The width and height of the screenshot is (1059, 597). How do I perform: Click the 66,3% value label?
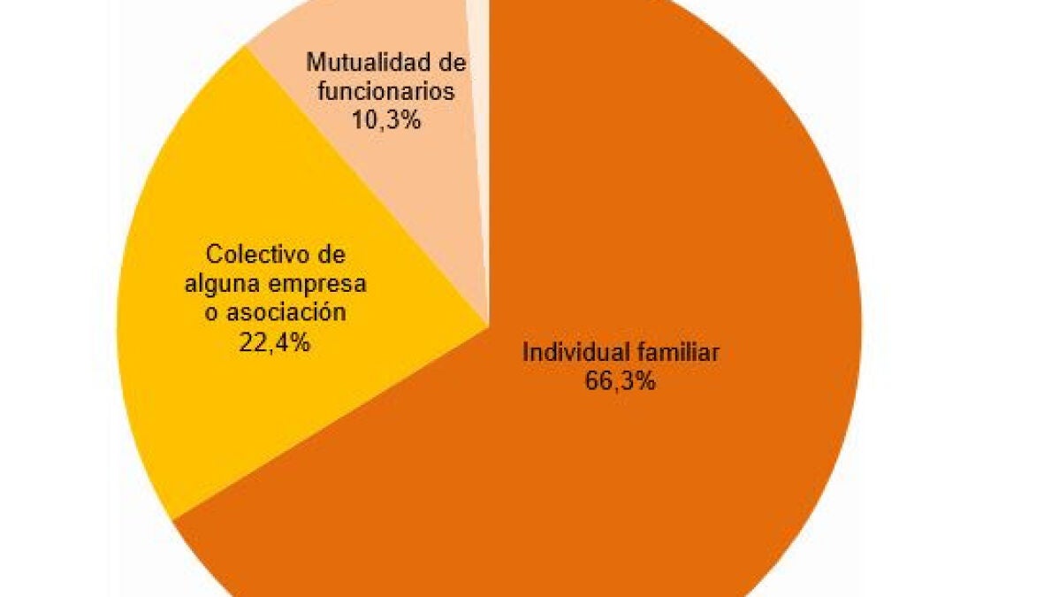point(621,382)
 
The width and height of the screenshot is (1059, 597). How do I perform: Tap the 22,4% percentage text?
point(274,342)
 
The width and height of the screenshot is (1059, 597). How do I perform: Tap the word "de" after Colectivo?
point(329,254)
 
